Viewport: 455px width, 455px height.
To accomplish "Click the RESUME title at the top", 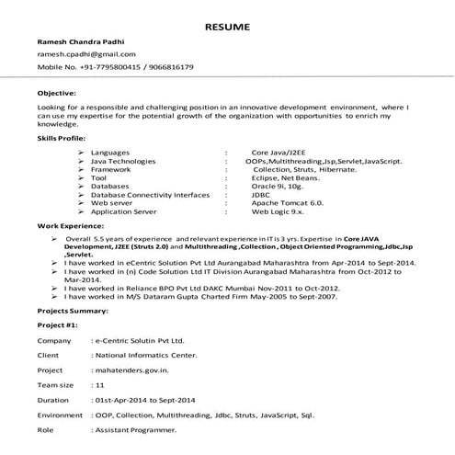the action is coord(227,27).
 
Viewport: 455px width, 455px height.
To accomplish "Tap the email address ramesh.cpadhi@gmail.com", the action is coord(80,55).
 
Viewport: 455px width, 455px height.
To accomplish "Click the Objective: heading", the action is coord(57,94).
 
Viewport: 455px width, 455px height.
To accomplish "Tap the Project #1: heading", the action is coord(57,325).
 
